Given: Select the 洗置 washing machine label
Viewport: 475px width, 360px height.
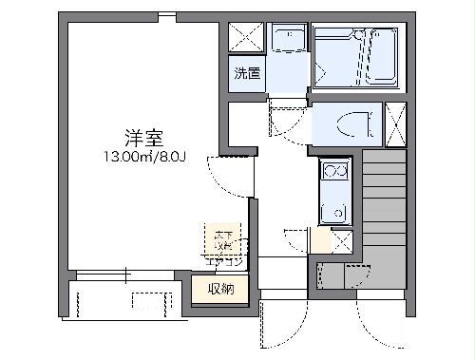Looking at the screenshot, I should pos(247,73).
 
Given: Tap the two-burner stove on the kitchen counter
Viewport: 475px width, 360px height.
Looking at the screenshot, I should pos(334,171).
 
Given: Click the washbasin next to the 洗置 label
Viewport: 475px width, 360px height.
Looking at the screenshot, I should pos(286,40).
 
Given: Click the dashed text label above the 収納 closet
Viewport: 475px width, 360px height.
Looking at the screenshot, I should pos(222,239).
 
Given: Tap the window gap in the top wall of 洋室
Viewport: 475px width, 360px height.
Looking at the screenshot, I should pos(167,17).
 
